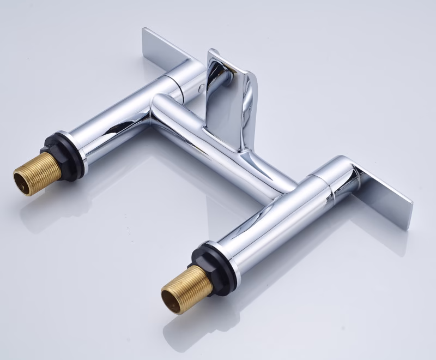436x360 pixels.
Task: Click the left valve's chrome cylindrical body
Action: pyautogui.click(x=114, y=123)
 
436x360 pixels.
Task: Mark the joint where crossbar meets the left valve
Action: pyautogui.click(x=153, y=109)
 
